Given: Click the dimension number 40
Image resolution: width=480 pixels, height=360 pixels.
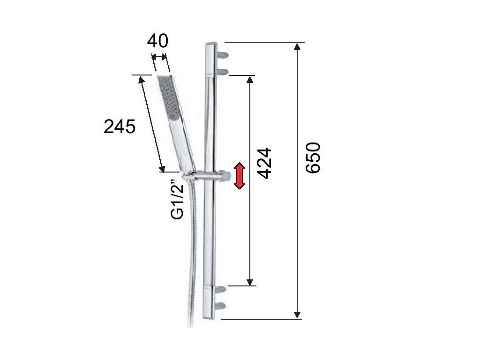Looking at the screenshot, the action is click(x=157, y=41).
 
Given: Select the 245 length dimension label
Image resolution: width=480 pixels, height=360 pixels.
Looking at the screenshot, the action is click(x=120, y=127).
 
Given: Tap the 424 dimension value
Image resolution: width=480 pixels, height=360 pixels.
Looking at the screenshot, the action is click(x=264, y=163).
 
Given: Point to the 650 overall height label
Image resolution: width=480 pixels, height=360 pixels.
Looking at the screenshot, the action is click(x=313, y=157).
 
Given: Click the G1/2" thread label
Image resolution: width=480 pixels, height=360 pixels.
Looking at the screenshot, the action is click(x=177, y=201).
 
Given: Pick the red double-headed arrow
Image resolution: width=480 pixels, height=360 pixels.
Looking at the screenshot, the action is click(x=240, y=176).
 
